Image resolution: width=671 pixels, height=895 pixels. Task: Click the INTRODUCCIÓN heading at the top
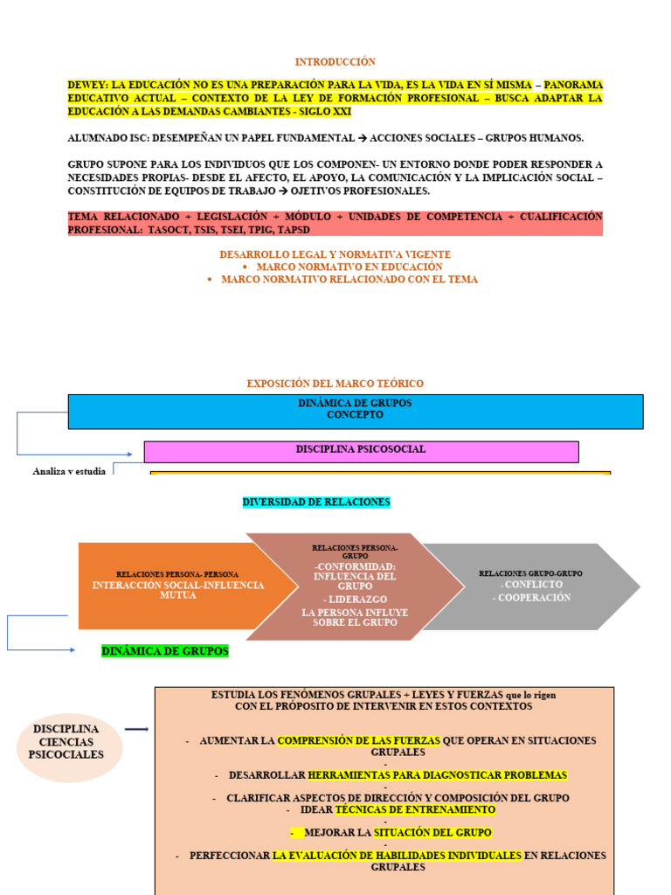(x=335, y=62)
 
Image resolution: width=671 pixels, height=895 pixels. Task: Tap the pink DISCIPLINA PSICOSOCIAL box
(x=361, y=450)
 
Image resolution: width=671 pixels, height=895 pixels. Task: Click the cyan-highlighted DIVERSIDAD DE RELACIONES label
(x=315, y=502)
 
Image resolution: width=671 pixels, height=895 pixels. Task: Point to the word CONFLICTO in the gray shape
(x=531, y=584)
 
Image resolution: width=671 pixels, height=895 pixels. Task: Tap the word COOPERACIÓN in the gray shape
(x=531, y=598)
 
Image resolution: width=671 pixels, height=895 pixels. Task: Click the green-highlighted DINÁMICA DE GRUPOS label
(x=165, y=651)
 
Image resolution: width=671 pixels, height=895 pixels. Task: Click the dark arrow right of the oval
(x=135, y=729)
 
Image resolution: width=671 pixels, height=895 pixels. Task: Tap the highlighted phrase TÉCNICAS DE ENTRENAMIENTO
(x=415, y=809)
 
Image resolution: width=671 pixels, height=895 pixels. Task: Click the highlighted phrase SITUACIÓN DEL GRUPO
(x=432, y=832)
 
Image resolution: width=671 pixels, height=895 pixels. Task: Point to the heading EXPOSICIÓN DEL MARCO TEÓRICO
(x=335, y=384)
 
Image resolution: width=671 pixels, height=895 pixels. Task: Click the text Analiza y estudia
(x=69, y=471)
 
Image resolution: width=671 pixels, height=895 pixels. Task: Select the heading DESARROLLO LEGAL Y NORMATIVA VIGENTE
(x=335, y=254)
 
